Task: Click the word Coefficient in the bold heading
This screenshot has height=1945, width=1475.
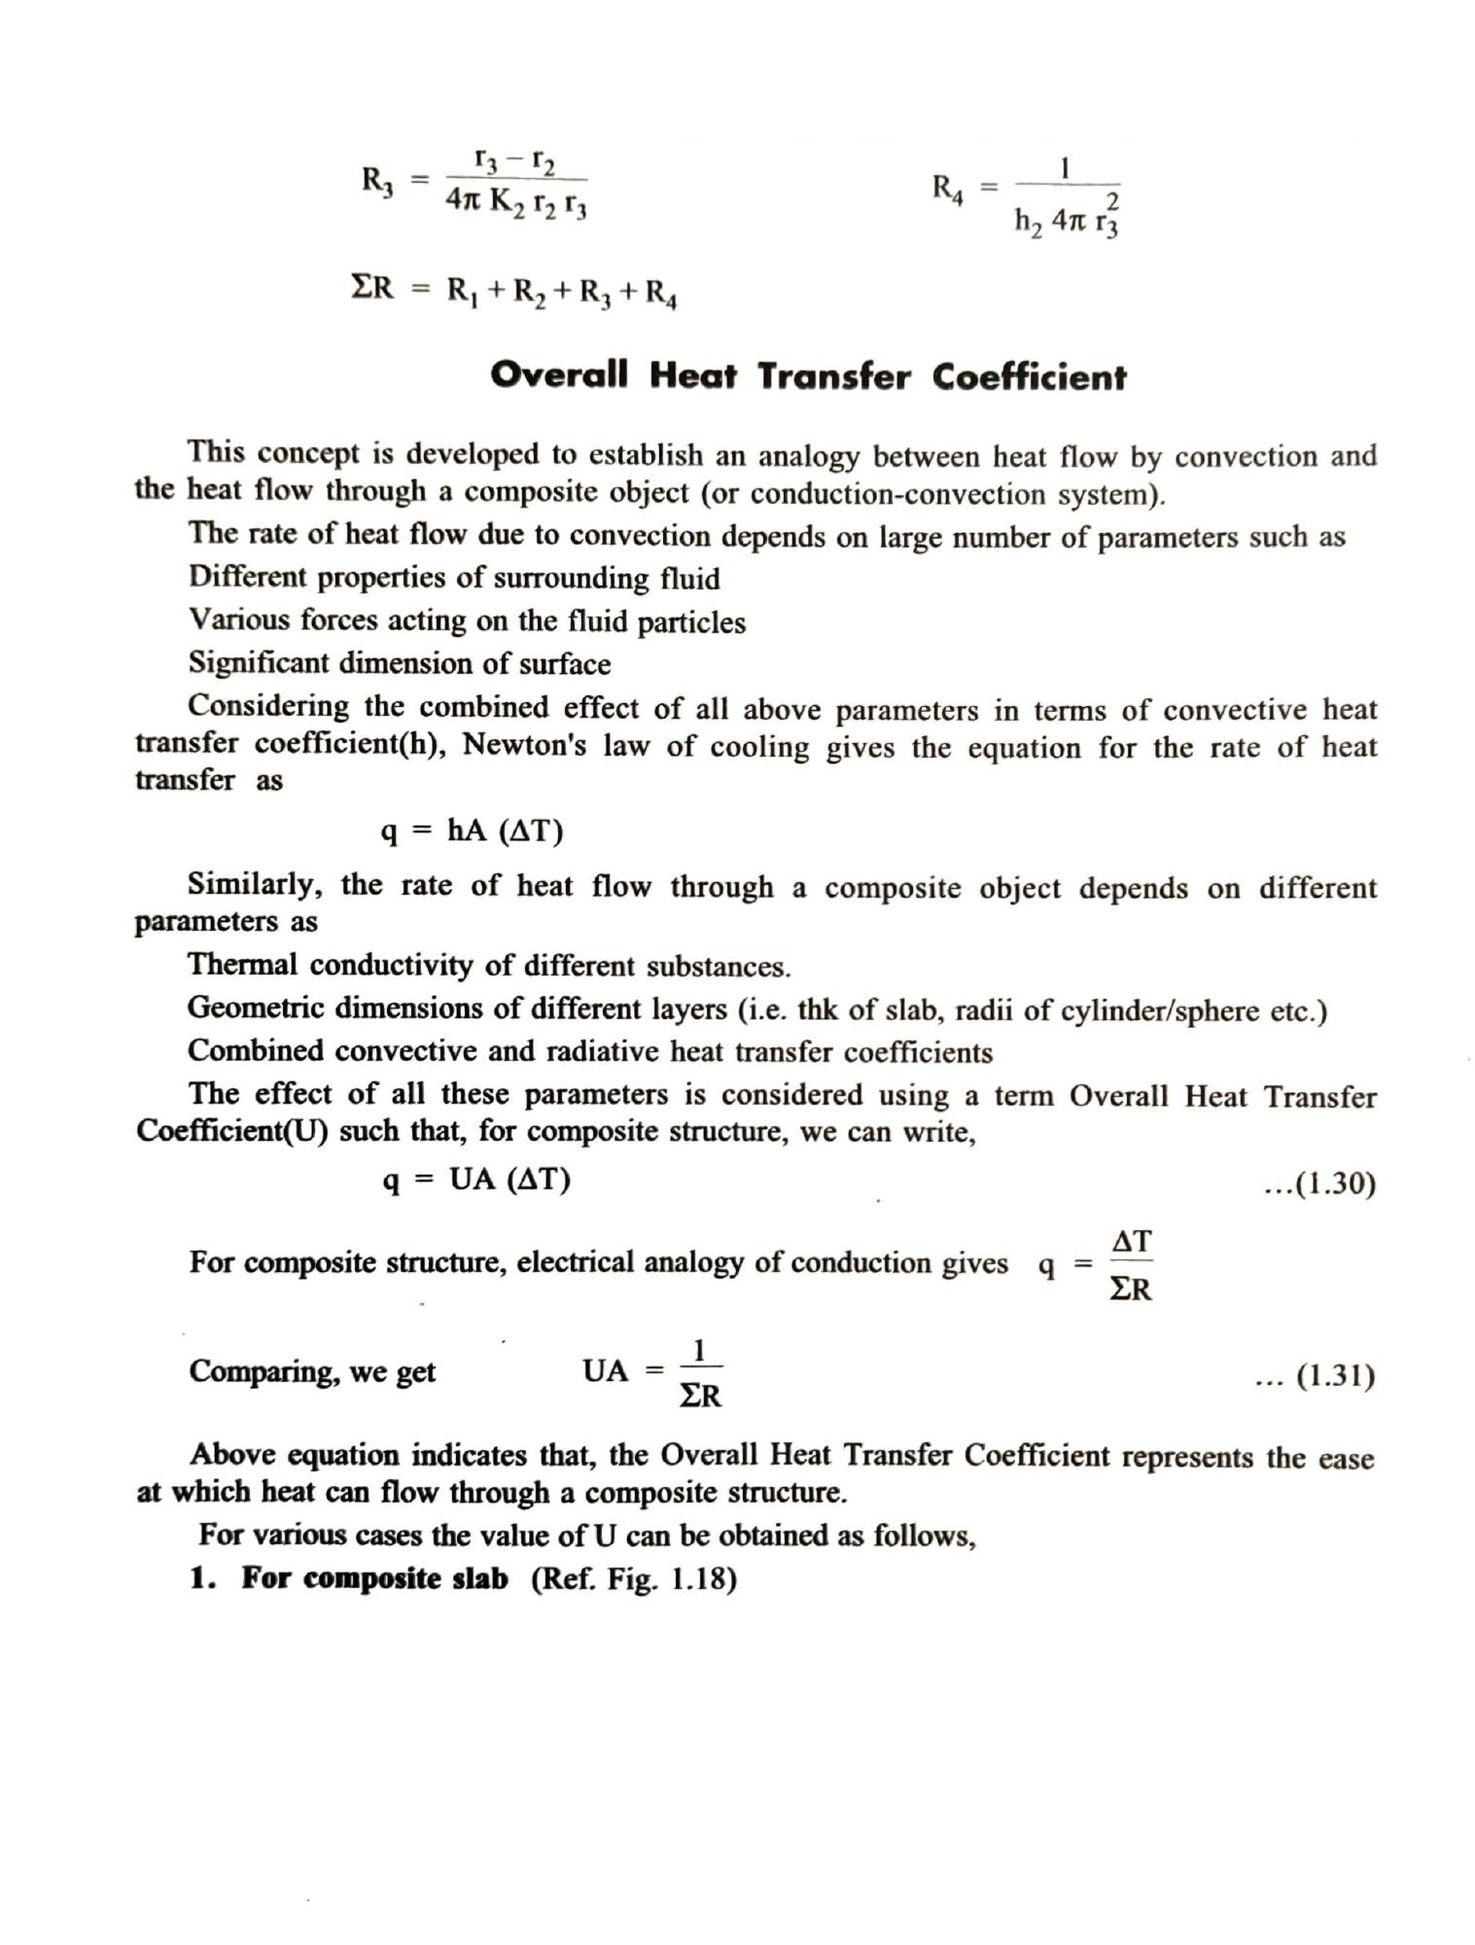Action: point(1029,376)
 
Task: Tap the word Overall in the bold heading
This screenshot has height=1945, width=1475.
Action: point(559,374)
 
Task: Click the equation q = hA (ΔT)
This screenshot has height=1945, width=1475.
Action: point(472,831)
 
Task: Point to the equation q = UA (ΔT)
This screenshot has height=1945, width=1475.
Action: point(475,1180)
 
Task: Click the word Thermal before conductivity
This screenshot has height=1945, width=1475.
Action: point(242,965)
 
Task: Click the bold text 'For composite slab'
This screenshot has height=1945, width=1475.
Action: point(374,1578)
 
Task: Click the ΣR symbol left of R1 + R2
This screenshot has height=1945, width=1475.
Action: point(371,288)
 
